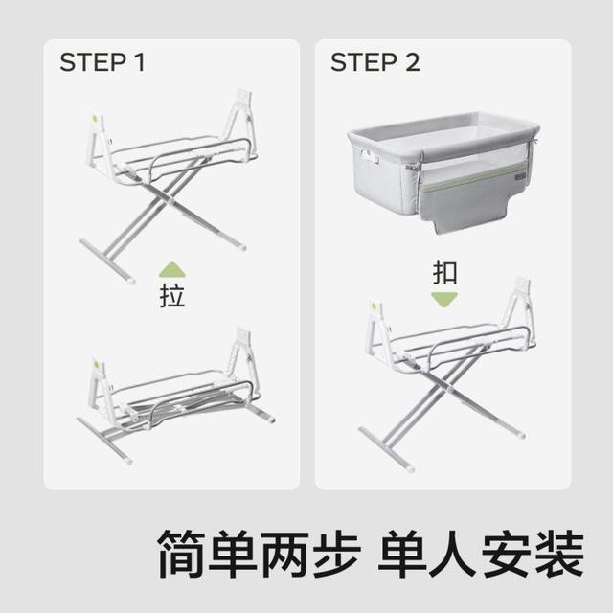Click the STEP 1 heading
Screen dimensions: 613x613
(102, 62)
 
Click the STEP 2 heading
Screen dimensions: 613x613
(375, 62)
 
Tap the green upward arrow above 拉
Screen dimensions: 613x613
(172, 270)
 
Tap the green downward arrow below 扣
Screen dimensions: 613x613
(444, 300)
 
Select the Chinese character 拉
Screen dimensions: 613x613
(172, 296)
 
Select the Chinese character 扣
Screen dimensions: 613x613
(444, 272)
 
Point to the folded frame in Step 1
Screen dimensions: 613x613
(176, 395)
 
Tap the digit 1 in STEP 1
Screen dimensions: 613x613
(139, 62)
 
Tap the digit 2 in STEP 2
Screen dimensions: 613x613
(412, 62)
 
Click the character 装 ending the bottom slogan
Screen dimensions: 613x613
(559, 554)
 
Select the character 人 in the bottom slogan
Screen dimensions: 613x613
(455, 554)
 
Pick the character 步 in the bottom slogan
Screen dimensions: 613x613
(337, 554)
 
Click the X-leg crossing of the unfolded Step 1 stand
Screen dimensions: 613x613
(168, 199)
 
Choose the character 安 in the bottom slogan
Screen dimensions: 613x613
(507, 554)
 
